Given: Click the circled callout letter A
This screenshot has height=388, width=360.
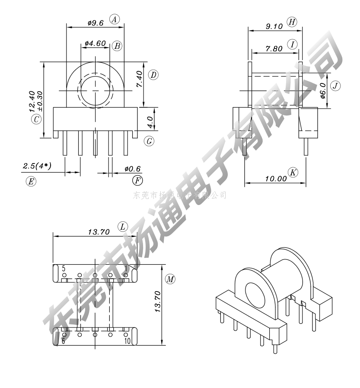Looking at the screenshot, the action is pyautogui.click(x=114, y=19).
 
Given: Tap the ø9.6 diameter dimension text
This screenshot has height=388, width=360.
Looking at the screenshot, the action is pyautogui.click(x=96, y=23).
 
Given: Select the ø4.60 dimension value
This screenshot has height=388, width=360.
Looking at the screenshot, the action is pyautogui.click(x=95, y=43).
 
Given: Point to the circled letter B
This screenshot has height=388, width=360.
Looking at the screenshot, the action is pyautogui.click(x=117, y=46).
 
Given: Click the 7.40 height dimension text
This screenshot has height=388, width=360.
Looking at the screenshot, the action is pyautogui.click(x=140, y=79).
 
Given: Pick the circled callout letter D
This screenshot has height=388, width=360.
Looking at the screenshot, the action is pyautogui.click(x=153, y=75).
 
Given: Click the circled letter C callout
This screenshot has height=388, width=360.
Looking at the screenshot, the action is pyautogui.click(x=36, y=119).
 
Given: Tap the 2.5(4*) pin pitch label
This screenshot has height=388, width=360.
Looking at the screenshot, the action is pyautogui.click(x=37, y=166).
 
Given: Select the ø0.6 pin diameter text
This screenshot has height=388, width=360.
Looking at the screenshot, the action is pyautogui.click(x=133, y=169).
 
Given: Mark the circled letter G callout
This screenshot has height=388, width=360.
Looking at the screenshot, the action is pyautogui.click(x=149, y=141).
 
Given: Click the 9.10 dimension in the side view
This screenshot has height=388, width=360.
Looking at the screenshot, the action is pyautogui.click(x=274, y=26).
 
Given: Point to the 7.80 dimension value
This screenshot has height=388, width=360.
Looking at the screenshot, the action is pyautogui.click(x=274, y=48).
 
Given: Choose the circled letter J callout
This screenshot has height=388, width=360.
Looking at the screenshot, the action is pyautogui.click(x=335, y=86).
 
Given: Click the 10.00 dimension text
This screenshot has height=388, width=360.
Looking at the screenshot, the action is pyautogui.click(x=276, y=178).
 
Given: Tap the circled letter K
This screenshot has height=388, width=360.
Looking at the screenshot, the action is pyautogui.click(x=293, y=172).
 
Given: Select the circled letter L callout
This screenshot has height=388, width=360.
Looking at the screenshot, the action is pyautogui.click(x=123, y=227).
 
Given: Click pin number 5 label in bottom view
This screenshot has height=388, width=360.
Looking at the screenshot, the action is pyautogui.click(x=64, y=269).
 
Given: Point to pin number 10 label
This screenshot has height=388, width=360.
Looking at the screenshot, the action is pyautogui.click(x=127, y=341).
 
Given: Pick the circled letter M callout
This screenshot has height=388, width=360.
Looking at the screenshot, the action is pyautogui.click(x=170, y=279).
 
